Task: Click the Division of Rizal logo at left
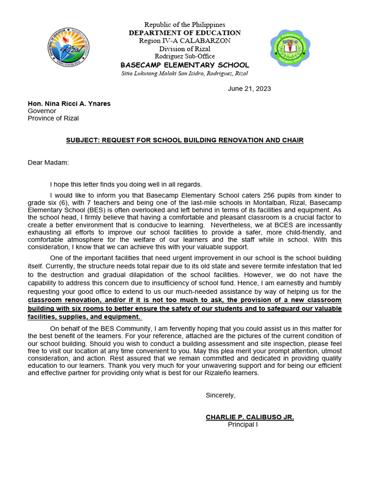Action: [x=69, y=48]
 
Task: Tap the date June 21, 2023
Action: [x=249, y=89]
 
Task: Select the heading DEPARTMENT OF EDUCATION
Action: [x=184, y=33]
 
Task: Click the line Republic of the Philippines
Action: [x=184, y=24]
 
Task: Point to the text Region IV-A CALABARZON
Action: [x=184, y=41]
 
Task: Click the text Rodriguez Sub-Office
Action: [x=184, y=57]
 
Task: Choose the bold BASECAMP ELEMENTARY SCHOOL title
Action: [x=184, y=65]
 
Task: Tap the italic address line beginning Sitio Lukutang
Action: [x=184, y=73]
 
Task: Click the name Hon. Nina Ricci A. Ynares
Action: [x=69, y=104]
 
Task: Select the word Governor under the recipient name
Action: [x=42, y=111]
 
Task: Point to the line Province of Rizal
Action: [x=53, y=118]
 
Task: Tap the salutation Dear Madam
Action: [x=48, y=163]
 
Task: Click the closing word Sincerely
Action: [x=220, y=395]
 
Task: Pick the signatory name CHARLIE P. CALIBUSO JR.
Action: [x=250, y=417]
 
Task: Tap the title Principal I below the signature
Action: [x=242, y=424]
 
